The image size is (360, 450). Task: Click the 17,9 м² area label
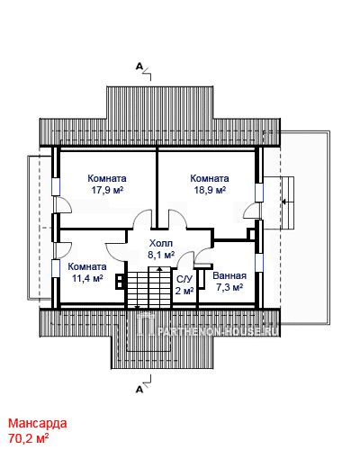108,190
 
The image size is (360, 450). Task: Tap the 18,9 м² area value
210,190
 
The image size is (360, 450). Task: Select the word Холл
161,243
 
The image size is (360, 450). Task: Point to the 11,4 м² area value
87,278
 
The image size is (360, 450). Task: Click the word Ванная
229,275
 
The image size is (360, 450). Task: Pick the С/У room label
184,279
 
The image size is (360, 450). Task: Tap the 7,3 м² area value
229,287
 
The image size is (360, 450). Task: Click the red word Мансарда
38,423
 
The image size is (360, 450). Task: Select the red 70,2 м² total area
29,438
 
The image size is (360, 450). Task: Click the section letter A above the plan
139,66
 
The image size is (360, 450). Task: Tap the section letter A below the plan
139,390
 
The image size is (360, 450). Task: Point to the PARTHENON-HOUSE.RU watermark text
218,331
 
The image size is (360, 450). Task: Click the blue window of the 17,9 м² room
56,187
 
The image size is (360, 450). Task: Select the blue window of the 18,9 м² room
259,193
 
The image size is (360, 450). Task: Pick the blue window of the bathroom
259,263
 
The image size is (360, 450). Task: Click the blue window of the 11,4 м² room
56,268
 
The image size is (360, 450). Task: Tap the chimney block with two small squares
120,281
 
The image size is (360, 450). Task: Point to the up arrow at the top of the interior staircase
160,270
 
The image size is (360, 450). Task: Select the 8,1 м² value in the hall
161,255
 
